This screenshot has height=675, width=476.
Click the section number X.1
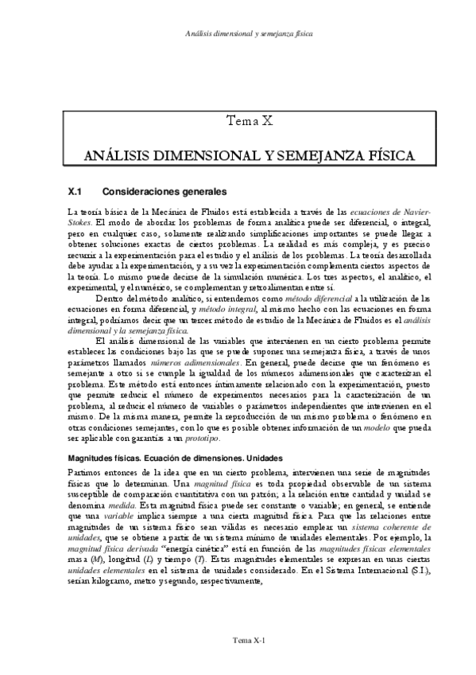(77, 192)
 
